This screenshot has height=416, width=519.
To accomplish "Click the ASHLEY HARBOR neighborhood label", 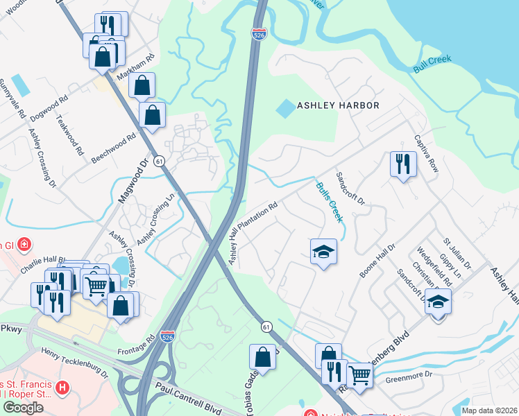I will (x=338, y=105).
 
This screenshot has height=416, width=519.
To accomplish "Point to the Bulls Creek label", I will (x=330, y=202).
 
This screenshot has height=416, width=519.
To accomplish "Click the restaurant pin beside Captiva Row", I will (x=402, y=164).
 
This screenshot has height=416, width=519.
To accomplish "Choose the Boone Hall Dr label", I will (x=377, y=261).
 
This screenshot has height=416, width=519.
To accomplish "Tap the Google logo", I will (x=23, y=407).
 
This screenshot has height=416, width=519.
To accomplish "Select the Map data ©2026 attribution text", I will (x=488, y=410).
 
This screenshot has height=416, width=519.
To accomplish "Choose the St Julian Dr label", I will (x=457, y=254).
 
